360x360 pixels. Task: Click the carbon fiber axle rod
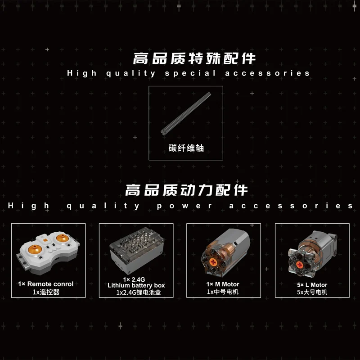coord(185,113)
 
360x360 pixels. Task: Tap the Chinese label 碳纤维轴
coord(186,148)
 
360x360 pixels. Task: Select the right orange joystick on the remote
coord(62,238)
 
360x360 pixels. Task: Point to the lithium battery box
coord(137,250)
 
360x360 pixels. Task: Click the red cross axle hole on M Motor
coord(213,262)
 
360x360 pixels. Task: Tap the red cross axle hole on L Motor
coord(299,265)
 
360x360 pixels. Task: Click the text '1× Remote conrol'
coord(46,284)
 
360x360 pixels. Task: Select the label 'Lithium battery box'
coord(136,285)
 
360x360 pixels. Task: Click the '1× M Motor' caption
coord(223,284)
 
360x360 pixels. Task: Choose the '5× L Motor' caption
coord(312,285)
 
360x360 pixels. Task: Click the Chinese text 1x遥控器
coord(46,292)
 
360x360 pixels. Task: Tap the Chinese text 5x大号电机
coord(312,292)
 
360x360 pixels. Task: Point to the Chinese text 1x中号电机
coord(223,292)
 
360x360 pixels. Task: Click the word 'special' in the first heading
coord(190,73)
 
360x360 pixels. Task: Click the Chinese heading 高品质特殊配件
coord(194,58)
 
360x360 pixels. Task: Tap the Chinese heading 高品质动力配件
coord(186,190)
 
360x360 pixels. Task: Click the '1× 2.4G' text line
coord(134,279)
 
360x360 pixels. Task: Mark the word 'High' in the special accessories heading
coord(82,73)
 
